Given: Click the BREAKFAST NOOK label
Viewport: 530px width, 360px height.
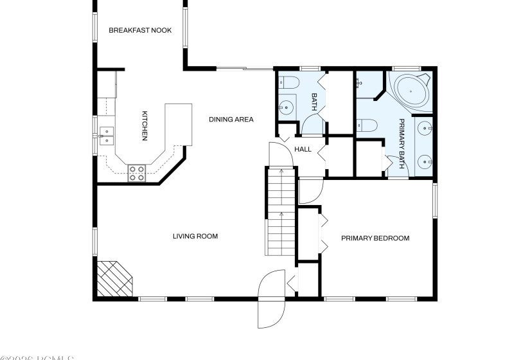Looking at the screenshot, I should point(140,30).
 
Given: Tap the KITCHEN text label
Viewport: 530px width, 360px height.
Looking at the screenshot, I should point(145,125).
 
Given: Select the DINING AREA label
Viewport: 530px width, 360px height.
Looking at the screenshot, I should point(231,119).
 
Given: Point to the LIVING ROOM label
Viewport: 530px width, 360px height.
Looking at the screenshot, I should point(195,237).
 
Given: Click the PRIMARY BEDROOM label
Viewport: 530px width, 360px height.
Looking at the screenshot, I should point(375,239).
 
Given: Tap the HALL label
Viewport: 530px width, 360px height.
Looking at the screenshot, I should point(303,149).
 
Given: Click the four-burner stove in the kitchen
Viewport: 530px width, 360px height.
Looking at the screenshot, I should point(137,172).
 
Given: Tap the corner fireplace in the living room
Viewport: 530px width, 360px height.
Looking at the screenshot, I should point(114,278).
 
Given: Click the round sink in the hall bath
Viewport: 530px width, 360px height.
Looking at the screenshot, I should point(287,107).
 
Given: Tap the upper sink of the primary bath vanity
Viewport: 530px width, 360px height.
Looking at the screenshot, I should point(423,129).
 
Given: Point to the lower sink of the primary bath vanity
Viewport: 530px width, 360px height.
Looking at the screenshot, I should point(423,161).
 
